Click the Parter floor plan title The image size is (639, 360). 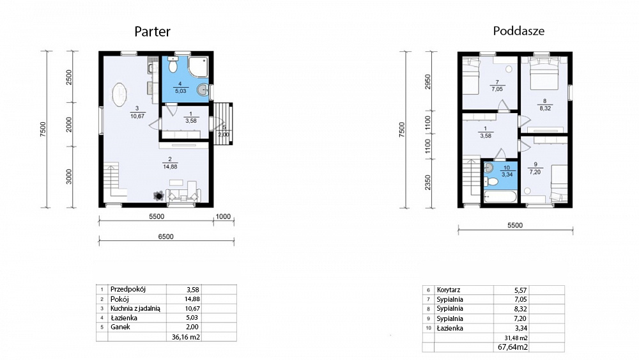[x=153, y=31]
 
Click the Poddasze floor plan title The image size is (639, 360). [x=519, y=31]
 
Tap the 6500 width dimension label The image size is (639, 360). [x=166, y=237]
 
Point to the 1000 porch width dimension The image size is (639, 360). [x=223, y=217]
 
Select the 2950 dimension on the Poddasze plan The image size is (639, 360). [x=427, y=82]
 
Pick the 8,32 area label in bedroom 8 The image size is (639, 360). [x=545, y=109]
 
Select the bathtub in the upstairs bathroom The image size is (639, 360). [x=500, y=197]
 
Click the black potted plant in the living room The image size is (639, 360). [x=158, y=196]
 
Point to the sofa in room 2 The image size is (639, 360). [x=183, y=195]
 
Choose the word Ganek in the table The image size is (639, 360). [x=120, y=327]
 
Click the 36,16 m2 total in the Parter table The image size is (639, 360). [x=186, y=337]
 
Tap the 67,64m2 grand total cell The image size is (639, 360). [x=512, y=347]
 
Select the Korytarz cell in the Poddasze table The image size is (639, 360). [x=449, y=290]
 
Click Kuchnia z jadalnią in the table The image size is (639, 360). [x=135, y=309]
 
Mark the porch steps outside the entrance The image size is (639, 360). [x=222, y=123]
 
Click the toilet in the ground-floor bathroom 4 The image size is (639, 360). [x=173, y=65]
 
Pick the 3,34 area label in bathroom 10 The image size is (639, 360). [x=507, y=175]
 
